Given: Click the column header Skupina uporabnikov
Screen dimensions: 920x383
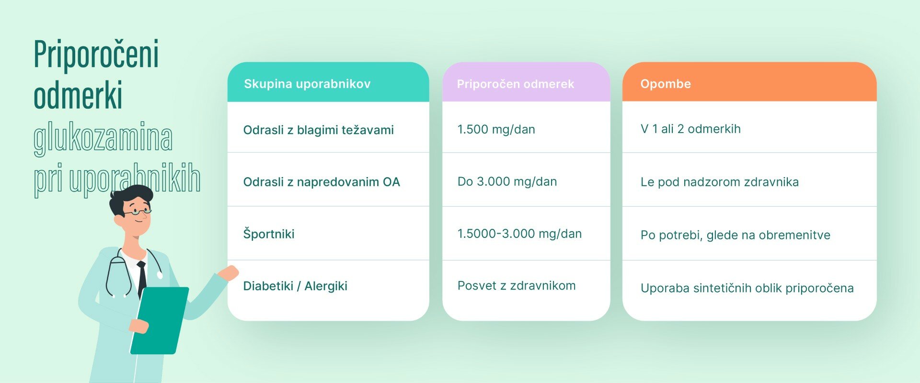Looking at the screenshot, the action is click(307, 84).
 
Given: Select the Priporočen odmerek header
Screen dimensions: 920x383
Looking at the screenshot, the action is click(515, 84).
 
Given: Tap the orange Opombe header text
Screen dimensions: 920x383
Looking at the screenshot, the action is click(666, 84).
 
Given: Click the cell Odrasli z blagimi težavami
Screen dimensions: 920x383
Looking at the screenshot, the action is click(318, 130).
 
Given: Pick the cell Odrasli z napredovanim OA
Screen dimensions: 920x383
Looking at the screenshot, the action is click(322, 182).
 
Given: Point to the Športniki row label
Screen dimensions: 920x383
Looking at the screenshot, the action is click(269, 234).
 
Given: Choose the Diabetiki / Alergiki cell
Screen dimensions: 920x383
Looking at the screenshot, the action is click(295, 286).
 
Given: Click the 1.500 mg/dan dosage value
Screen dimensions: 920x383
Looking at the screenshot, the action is click(496, 129).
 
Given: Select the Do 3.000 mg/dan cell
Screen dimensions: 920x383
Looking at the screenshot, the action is click(507, 181).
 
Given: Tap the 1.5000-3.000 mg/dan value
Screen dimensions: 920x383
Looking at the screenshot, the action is click(519, 234).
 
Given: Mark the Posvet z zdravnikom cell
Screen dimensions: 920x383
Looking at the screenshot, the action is click(516, 286).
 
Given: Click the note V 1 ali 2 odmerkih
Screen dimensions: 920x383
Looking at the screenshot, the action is click(690, 129).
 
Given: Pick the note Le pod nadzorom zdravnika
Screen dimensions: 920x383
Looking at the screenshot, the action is click(719, 182).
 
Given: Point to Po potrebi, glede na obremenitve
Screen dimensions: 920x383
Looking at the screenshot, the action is click(735, 235).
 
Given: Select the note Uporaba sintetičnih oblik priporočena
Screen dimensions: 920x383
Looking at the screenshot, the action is click(747, 288).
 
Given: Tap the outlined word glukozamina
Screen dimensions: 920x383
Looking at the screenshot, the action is click(103, 138).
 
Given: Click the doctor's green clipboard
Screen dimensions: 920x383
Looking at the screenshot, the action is click(159, 320).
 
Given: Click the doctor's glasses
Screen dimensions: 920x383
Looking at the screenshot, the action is click(137, 211).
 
